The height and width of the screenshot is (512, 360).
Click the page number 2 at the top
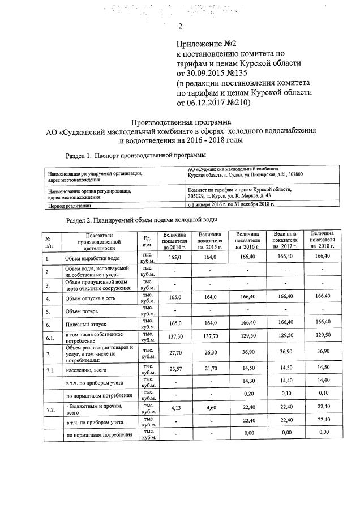[180, 26]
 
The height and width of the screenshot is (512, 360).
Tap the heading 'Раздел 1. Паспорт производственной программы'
[135, 155]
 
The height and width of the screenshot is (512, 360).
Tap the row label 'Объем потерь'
[82, 311]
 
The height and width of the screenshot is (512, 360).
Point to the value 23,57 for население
[174, 369]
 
